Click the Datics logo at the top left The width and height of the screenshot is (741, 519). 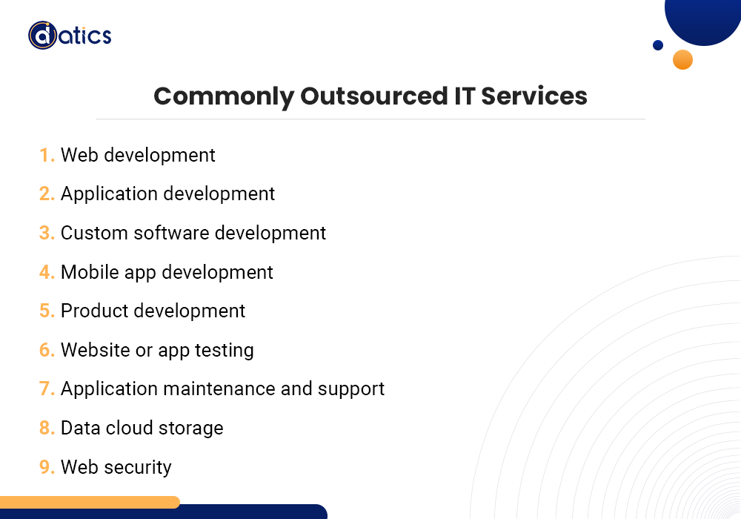(70, 35)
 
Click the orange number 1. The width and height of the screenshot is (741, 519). (47, 155)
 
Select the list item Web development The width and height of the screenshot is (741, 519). (138, 155)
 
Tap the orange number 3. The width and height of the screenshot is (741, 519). (47, 233)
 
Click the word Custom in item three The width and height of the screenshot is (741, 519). (89, 233)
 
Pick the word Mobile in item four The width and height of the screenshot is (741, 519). (84, 272)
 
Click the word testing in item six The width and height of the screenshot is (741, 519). (224, 350)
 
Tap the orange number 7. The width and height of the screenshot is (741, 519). (47, 389)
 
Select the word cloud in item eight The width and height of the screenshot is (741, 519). (125, 428)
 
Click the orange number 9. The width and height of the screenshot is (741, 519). (47, 467)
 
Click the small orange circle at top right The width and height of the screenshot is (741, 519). (682, 59)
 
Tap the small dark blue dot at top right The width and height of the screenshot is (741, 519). (658, 45)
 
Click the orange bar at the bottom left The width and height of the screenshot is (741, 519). (89, 502)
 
